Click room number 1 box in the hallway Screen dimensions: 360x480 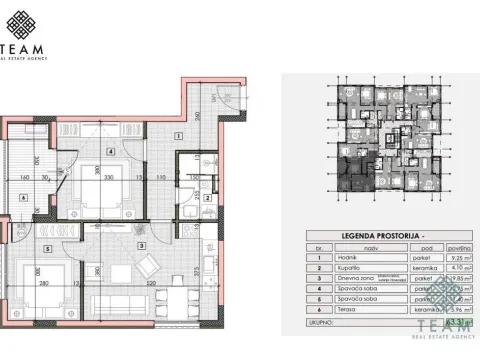pyautogui.click(x=177, y=134)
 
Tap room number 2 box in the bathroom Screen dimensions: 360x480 pyautogui.click(x=205, y=197)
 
